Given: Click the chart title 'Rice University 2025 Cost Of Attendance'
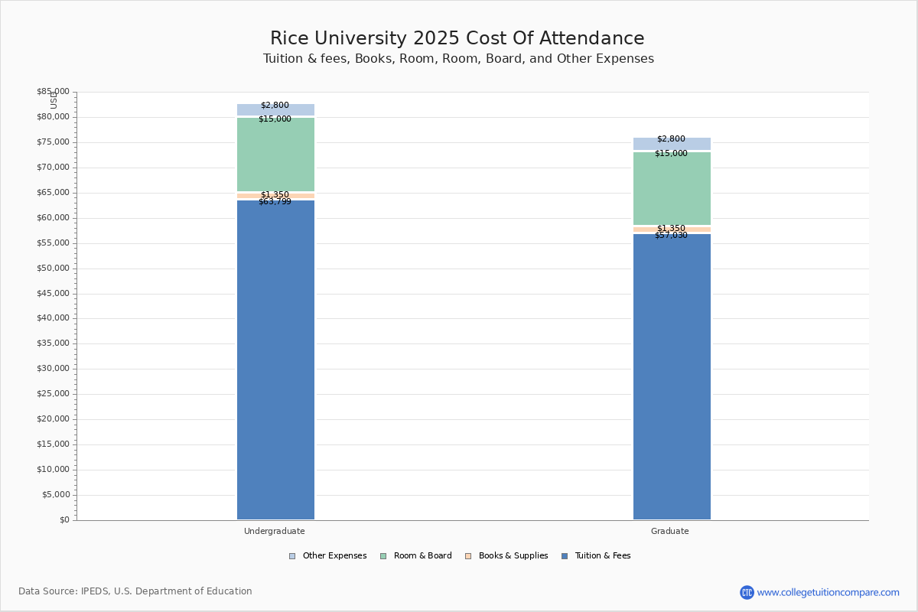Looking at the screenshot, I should [x=457, y=38].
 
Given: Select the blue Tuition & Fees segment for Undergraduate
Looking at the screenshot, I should [x=275, y=360].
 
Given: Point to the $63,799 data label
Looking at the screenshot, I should [x=275, y=202].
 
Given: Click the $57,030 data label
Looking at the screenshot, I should [x=671, y=236].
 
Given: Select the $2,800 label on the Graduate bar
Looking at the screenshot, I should [x=671, y=139].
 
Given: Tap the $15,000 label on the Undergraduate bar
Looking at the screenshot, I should [x=275, y=119].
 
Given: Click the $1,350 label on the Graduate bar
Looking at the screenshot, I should [x=671, y=228].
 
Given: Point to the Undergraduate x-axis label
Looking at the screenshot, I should [x=275, y=531].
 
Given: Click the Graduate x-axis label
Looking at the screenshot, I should [x=670, y=531].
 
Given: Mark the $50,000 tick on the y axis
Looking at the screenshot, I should [x=53, y=269].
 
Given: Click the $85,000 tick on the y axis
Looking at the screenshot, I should [x=53, y=92].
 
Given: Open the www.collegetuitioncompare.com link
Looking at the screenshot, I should [x=828, y=592].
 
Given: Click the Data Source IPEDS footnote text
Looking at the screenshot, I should [x=135, y=591].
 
